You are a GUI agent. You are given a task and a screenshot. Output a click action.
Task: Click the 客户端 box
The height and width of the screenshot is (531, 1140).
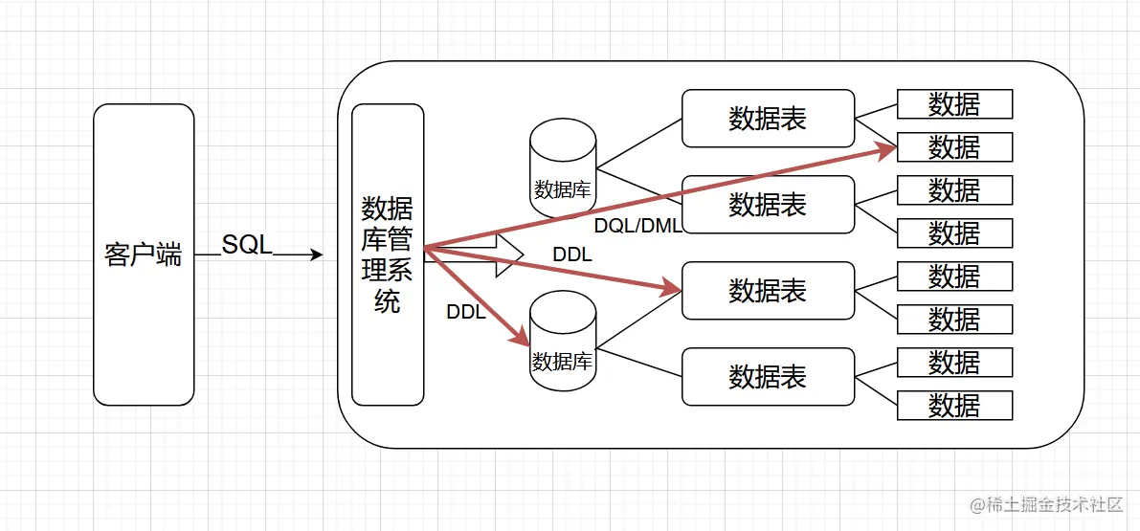tap(144, 254)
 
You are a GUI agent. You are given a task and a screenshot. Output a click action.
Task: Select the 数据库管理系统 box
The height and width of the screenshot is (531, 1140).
tap(388, 254)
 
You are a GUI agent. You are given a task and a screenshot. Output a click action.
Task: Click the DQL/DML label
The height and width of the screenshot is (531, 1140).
tap(637, 226)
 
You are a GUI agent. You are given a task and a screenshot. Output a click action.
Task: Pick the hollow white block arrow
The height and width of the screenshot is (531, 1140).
tap(503, 255)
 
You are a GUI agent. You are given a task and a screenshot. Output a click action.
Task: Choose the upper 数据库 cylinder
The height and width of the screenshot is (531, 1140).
tap(563, 168)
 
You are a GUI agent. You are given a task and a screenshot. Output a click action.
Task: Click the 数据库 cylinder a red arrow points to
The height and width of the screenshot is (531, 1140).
tap(563, 342)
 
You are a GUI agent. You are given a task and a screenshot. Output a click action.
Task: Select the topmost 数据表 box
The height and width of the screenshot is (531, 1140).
tap(768, 119)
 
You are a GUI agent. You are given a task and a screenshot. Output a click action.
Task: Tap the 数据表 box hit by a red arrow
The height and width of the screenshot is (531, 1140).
tap(768, 291)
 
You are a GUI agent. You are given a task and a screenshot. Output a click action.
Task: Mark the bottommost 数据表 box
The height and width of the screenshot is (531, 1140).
tap(768, 376)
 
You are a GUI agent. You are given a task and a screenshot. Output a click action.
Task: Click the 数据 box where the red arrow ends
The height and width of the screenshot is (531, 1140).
tap(954, 147)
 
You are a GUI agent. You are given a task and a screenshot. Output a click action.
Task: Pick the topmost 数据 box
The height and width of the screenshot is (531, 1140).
tap(954, 104)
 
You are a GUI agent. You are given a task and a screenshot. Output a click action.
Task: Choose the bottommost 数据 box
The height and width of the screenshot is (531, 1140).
tap(954, 405)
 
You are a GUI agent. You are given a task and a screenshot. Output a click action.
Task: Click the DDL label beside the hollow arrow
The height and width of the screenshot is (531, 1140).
tap(572, 255)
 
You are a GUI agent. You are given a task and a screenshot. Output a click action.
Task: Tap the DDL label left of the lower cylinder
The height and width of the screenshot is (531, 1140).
tap(466, 312)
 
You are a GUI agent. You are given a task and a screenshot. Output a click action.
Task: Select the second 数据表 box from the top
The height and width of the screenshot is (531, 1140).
tap(768, 204)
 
